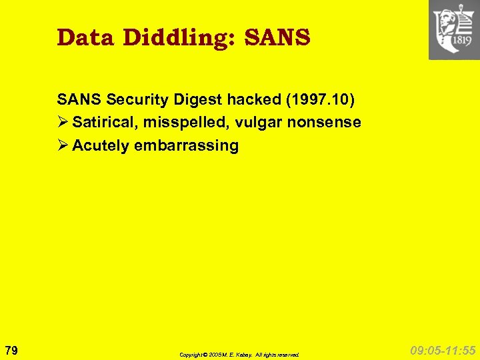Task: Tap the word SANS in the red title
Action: (278, 37)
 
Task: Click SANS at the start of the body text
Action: (77, 100)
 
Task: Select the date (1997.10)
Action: (319, 100)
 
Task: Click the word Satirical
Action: (103, 123)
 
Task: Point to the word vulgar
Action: (252, 123)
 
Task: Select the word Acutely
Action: (101, 145)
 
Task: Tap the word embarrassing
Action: (186, 145)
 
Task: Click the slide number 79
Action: (11, 350)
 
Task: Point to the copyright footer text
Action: (239, 355)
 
